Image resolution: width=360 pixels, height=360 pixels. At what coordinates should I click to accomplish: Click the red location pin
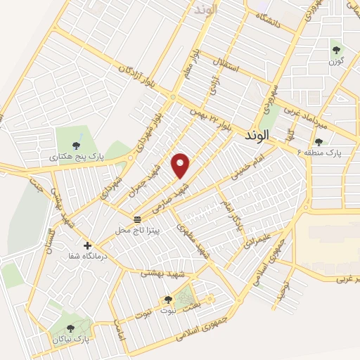pyautogui.click(x=181, y=165)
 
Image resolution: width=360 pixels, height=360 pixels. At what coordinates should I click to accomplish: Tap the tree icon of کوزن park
pyautogui.click(x=336, y=49)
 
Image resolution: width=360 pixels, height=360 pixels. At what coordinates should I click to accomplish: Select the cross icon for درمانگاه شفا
pyautogui.click(x=87, y=245)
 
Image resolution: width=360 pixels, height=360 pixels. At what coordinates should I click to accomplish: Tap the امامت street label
pyautogui.click(x=120, y=330)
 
